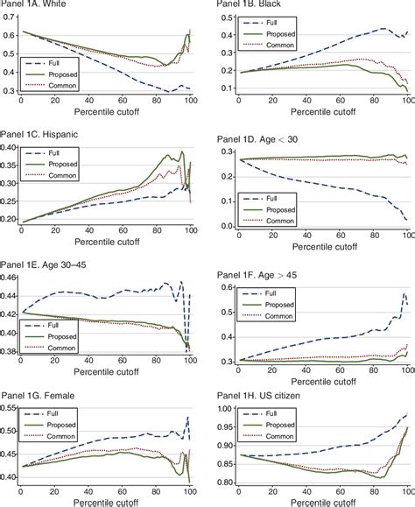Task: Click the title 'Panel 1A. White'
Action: (37, 6)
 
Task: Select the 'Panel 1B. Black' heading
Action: (248, 6)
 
